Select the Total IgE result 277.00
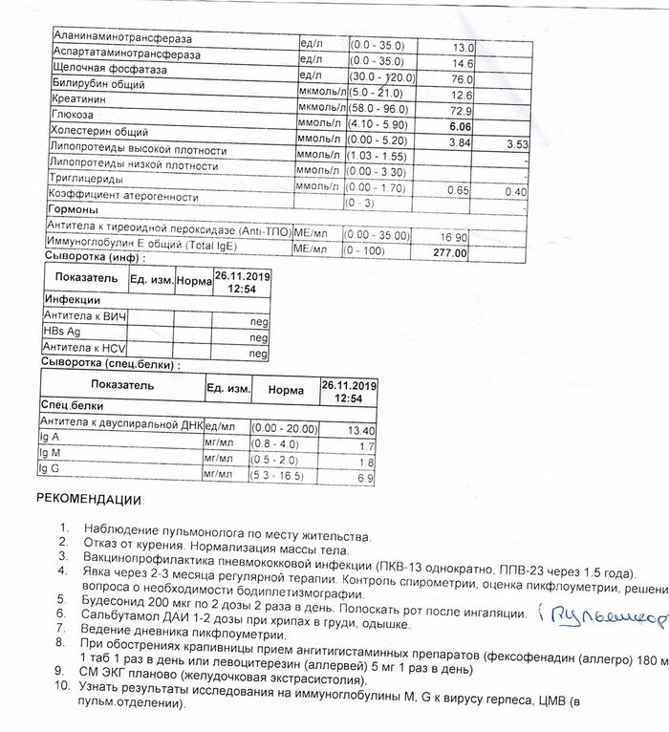448,254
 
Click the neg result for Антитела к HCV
257,353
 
